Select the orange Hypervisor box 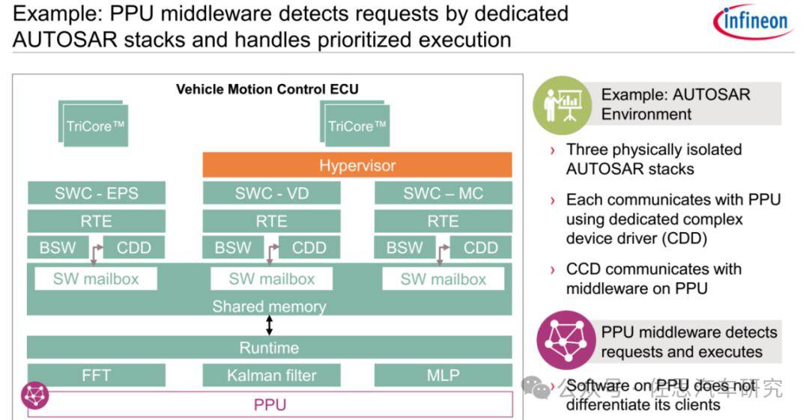(x=357, y=165)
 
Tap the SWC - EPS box (x=97, y=193)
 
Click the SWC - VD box (x=271, y=193)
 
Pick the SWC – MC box (x=443, y=193)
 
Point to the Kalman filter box (x=271, y=375)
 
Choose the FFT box (x=97, y=375)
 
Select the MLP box (x=443, y=375)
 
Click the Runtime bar (x=270, y=347)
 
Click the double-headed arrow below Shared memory (x=270, y=325)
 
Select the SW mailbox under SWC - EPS (x=97, y=279)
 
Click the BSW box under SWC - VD (x=233, y=247)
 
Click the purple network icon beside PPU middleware (x=566, y=341)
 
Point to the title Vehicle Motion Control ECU (x=267, y=89)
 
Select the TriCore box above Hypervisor (x=357, y=126)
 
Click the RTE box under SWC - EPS (x=97, y=221)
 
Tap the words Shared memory (x=270, y=306)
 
